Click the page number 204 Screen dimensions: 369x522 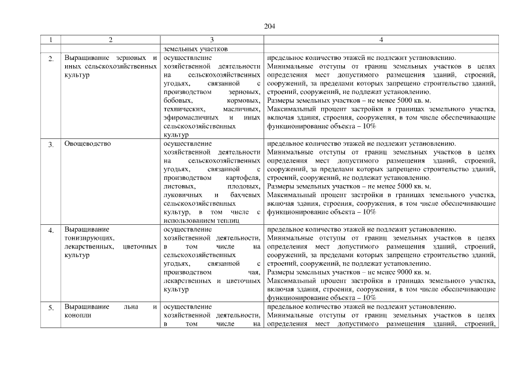(269, 27)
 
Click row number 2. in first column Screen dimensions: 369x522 (51, 59)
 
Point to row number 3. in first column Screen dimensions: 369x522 (51, 144)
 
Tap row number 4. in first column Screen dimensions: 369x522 (51, 230)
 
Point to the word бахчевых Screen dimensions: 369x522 (245, 195)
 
